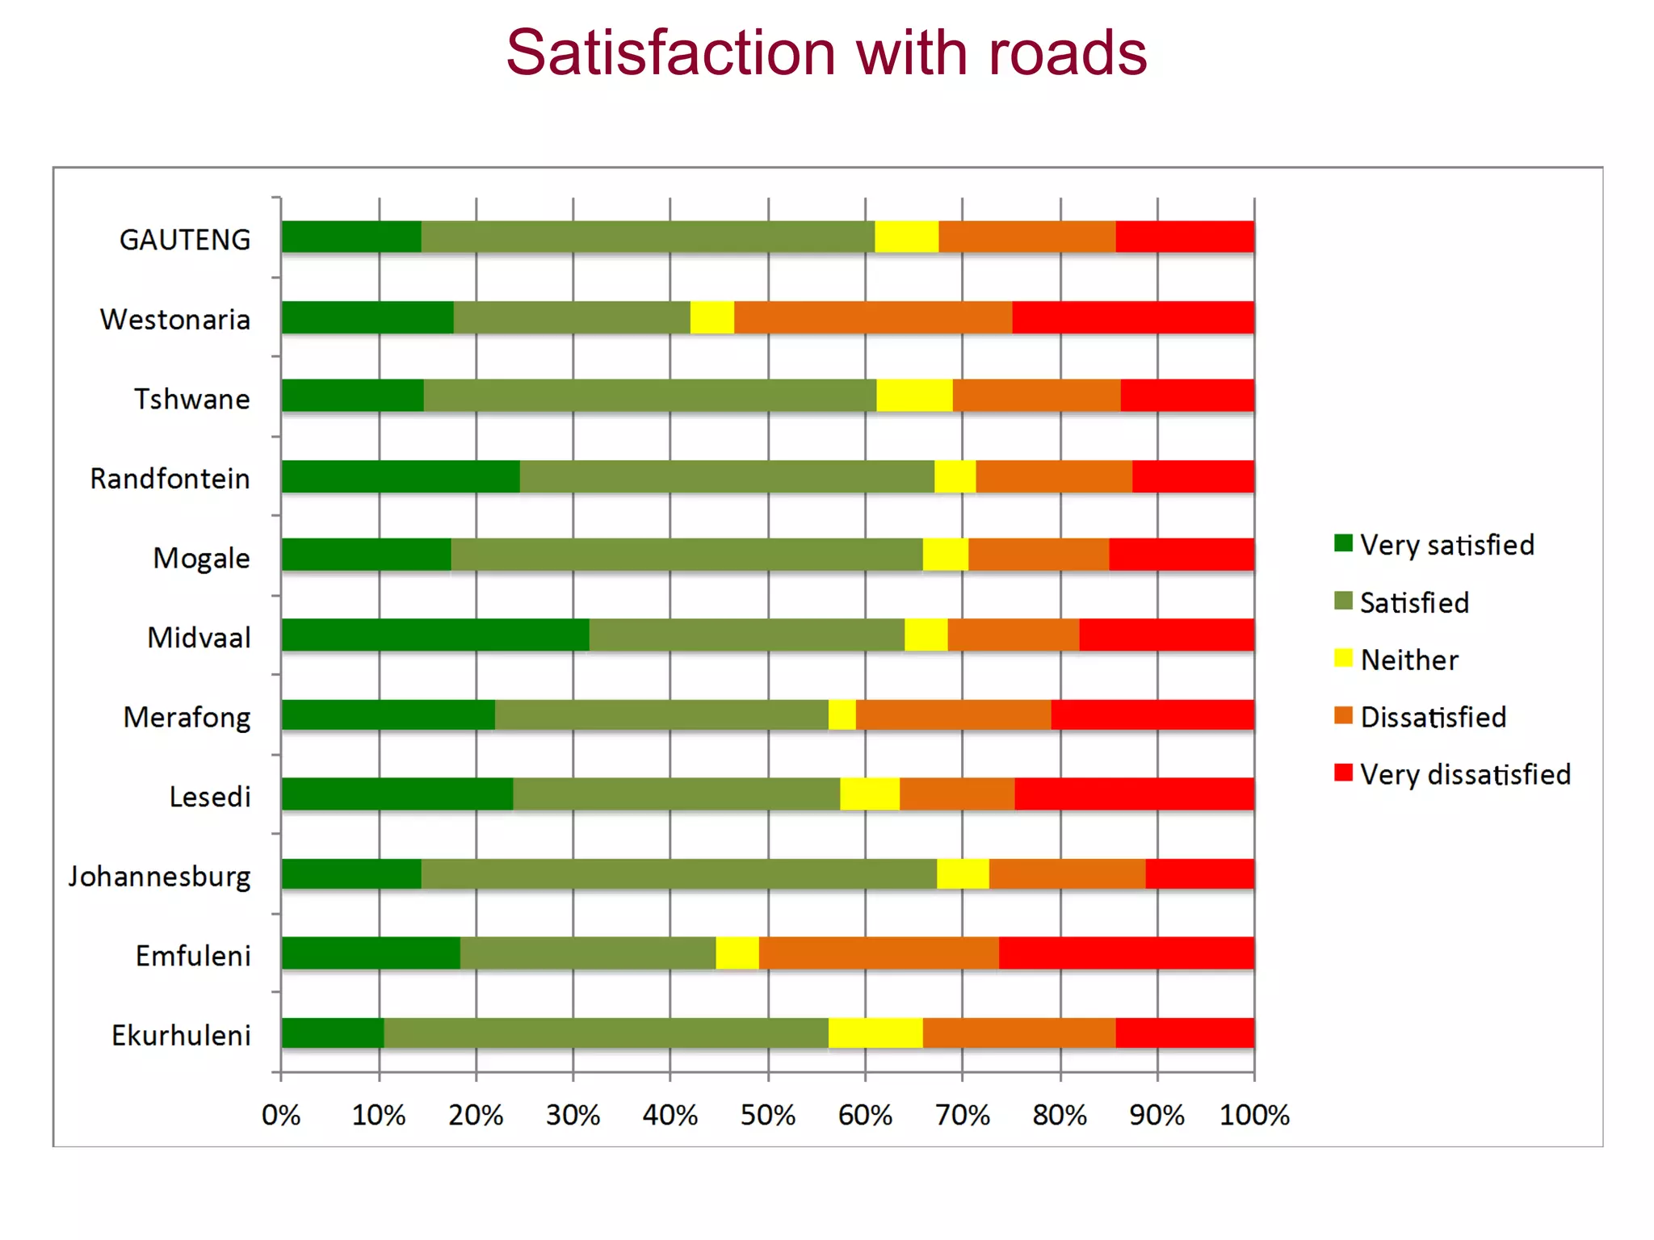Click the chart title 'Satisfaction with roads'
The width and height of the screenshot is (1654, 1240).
[x=825, y=53]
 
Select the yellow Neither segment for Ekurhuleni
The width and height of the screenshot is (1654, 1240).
[x=875, y=1033]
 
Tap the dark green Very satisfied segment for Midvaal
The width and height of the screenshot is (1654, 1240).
[x=434, y=635]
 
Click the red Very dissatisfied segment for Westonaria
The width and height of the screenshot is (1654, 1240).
[x=1132, y=317]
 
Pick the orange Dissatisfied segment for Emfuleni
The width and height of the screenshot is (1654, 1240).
[x=878, y=953]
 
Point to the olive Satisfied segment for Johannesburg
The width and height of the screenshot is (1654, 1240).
[x=678, y=874]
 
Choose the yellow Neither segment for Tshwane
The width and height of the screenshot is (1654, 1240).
[x=913, y=396]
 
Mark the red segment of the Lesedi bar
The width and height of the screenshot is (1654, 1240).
[x=1133, y=794]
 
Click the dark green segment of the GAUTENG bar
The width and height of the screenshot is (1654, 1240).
[x=351, y=237]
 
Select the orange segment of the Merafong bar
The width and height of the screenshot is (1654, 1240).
[x=953, y=715]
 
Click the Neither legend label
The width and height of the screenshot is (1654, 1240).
[x=1408, y=660]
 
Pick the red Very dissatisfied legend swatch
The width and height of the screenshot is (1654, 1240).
[x=1343, y=773]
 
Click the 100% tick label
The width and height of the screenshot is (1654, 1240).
[x=1253, y=1116]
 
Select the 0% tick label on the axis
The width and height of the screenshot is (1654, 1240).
[x=281, y=1116]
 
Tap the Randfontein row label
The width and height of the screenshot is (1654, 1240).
[x=170, y=479]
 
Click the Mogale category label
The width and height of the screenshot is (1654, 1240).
[x=201, y=559]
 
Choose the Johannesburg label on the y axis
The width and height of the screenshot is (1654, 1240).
[x=159, y=877]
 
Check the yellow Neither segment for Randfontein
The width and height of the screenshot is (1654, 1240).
[x=955, y=476]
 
